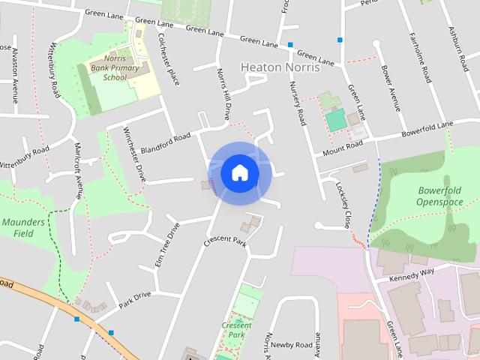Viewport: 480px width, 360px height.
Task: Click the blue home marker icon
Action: pyautogui.click(x=239, y=172)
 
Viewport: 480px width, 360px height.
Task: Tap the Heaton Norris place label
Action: pyautogui.click(x=280, y=67)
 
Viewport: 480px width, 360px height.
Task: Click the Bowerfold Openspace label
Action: pyautogui.click(x=440, y=196)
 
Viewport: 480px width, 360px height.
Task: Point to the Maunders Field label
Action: pyautogui.click(x=23, y=227)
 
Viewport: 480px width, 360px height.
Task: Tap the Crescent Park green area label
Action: pyautogui.click(x=236, y=330)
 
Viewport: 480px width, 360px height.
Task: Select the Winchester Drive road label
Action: pyautogui.click(x=134, y=153)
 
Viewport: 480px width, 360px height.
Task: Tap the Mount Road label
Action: pyautogui.click(x=343, y=148)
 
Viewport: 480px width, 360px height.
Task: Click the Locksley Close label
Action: pyautogui.click(x=343, y=205)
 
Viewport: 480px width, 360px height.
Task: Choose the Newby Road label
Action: pyautogui.click(x=291, y=345)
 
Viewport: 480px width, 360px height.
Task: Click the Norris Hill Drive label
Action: pyautogui.click(x=223, y=93)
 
